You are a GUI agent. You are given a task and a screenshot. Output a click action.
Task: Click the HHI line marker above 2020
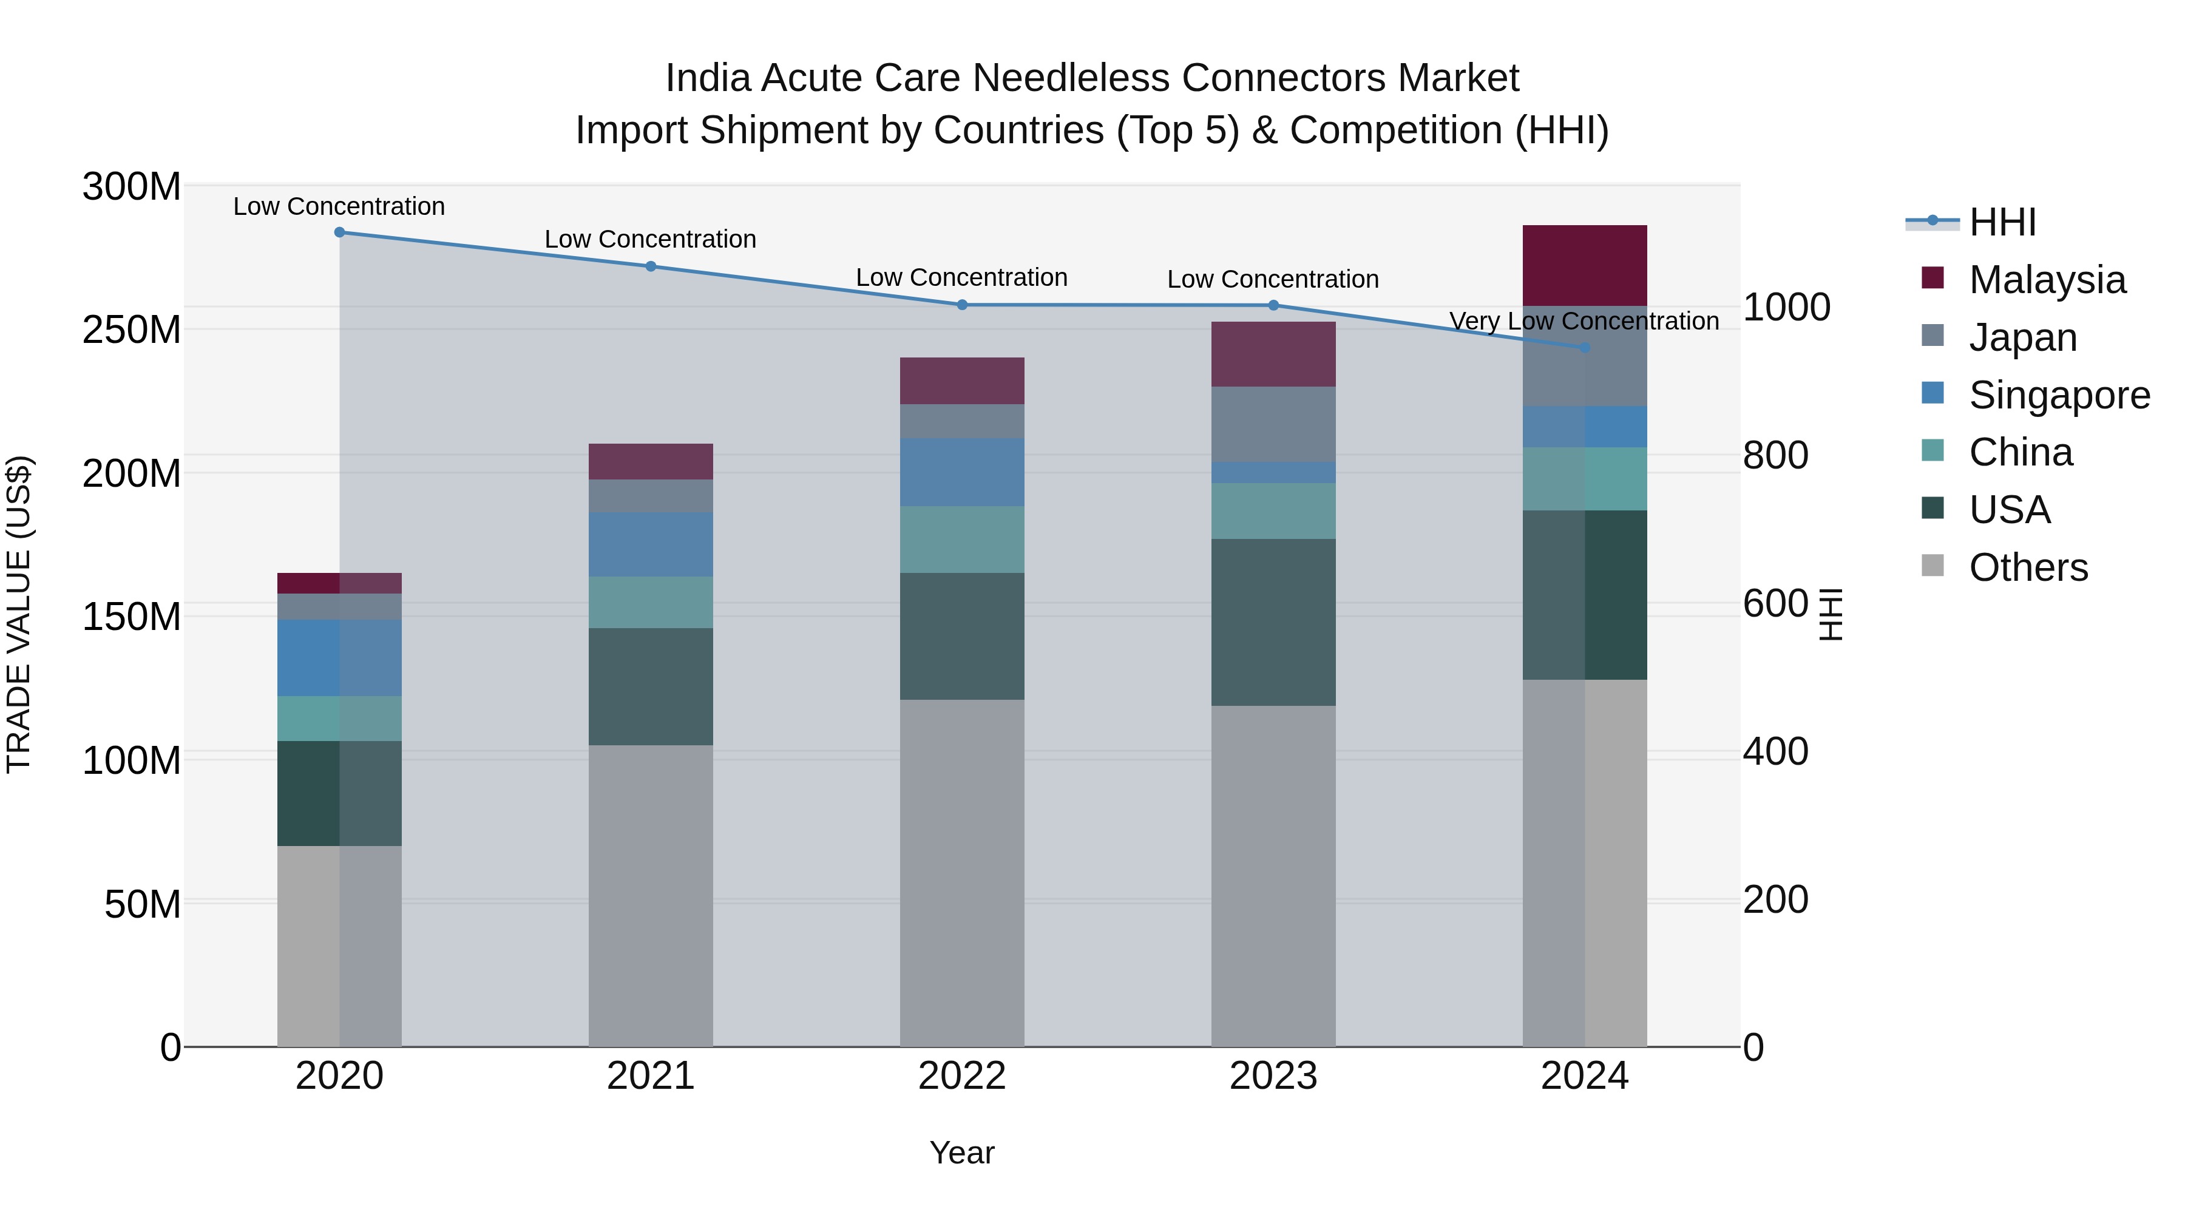click(339, 232)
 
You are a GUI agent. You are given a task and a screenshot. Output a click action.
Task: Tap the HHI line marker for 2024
click(1585, 348)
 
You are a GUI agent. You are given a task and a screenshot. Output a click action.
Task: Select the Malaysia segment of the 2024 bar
click(1585, 265)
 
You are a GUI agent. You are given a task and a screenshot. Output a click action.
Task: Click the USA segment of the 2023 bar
click(1273, 623)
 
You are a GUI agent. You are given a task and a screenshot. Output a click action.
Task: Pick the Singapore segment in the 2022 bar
click(962, 472)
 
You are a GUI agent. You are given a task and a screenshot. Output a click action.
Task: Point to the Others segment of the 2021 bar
click(651, 896)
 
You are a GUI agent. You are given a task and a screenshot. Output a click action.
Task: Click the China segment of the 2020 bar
click(339, 719)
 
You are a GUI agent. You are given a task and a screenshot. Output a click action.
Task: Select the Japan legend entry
click(2022, 337)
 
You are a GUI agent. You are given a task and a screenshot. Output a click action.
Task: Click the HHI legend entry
click(2002, 222)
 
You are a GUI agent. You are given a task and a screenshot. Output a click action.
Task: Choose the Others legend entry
click(2027, 567)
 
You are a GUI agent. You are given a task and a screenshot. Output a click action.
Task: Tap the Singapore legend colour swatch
click(1933, 393)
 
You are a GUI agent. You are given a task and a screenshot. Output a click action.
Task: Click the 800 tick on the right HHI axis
click(1775, 455)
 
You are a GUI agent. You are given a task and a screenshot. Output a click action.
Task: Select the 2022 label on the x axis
click(962, 1076)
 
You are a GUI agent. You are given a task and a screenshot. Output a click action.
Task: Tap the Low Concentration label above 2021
click(651, 239)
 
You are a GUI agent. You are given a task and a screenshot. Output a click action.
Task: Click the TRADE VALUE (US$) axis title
click(19, 614)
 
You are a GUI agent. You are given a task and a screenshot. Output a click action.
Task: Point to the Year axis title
click(962, 1153)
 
